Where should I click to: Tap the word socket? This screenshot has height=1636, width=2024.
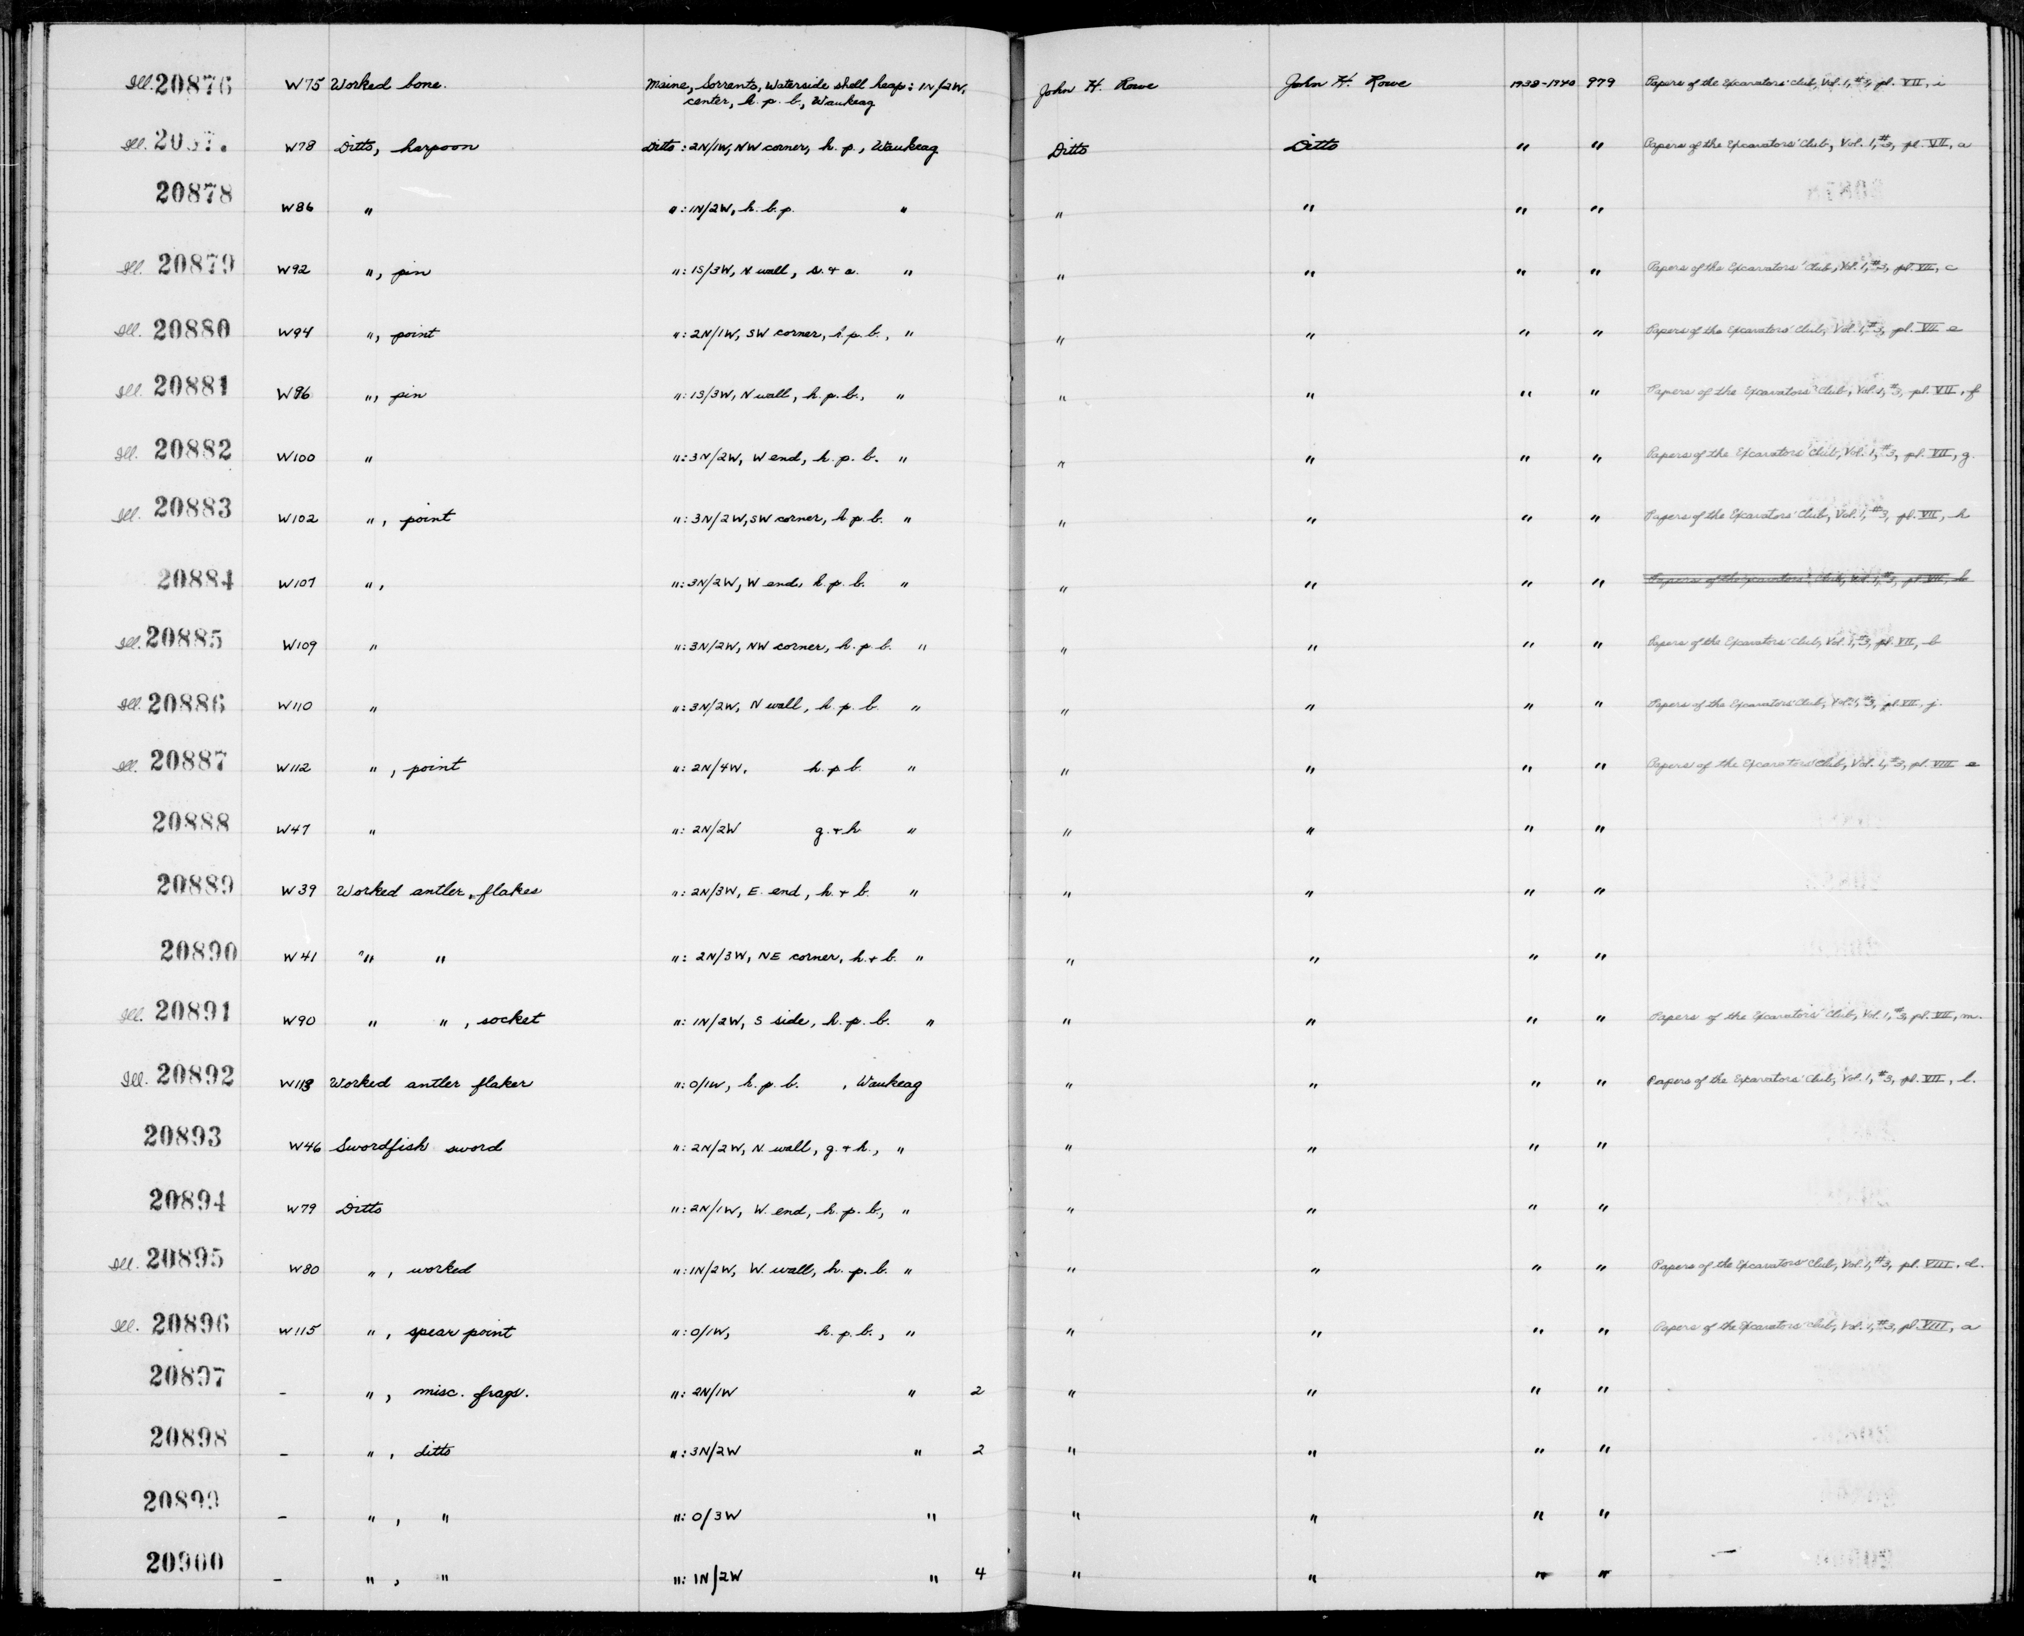pos(510,1020)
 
